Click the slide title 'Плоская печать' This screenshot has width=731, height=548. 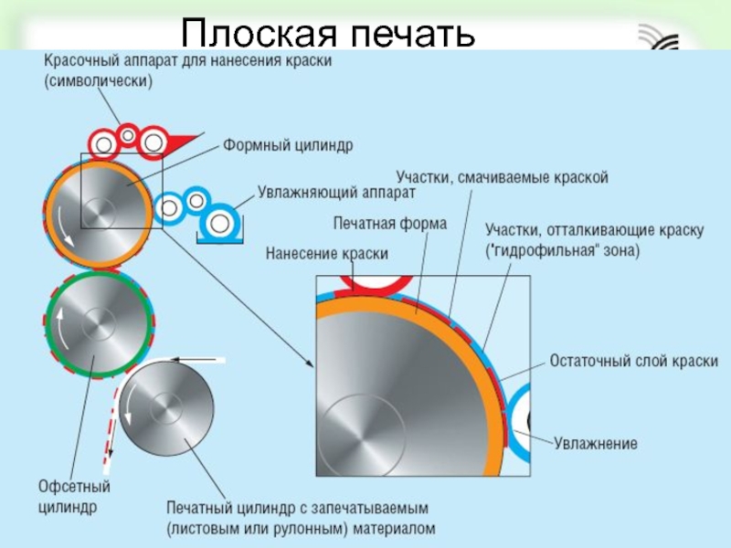(x=327, y=34)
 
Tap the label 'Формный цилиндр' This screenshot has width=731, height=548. (x=287, y=144)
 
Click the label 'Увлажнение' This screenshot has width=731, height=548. (x=595, y=443)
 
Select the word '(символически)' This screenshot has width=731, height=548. (x=97, y=79)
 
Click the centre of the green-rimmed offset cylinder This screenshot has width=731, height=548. (x=97, y=323)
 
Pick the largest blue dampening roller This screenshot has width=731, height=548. (x=219, y=222)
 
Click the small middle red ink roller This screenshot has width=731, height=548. (x=129, y=136)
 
